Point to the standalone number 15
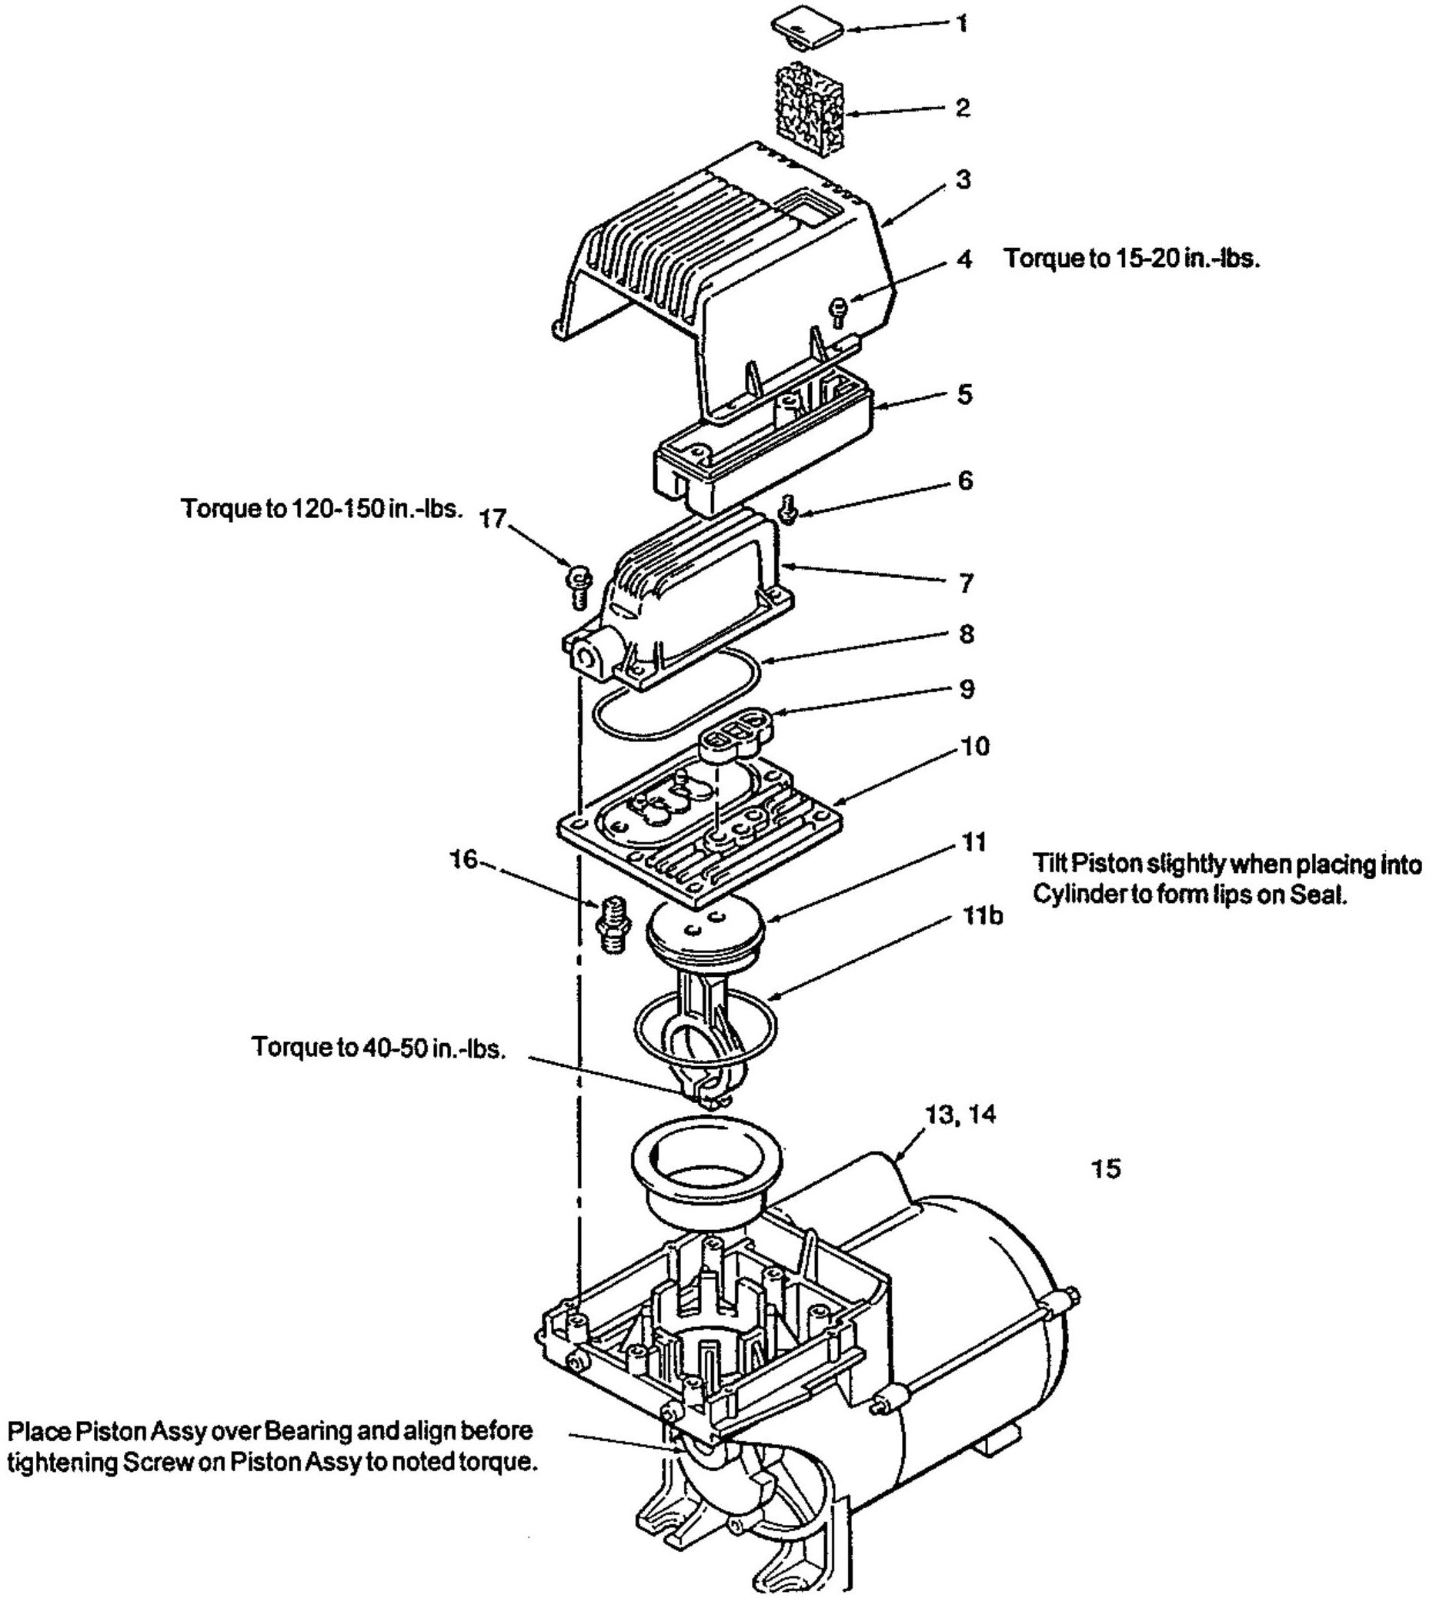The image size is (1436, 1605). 1105,1169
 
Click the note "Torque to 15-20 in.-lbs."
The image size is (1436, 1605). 1131,259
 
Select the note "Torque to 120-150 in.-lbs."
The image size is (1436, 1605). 321,509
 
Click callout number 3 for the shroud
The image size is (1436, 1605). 963,179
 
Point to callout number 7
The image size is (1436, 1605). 967,584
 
